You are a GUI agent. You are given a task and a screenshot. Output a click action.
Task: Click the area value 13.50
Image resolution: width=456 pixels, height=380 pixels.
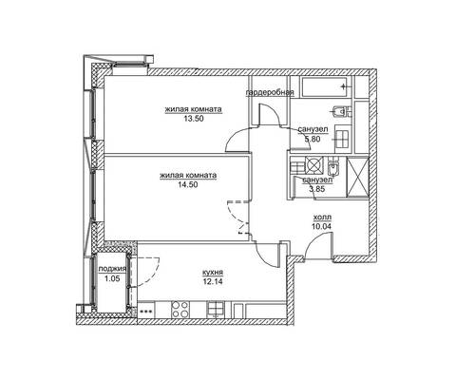[x=193, y=119]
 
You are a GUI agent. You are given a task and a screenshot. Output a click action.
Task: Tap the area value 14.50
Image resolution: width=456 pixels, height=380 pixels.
[x=188, y=184]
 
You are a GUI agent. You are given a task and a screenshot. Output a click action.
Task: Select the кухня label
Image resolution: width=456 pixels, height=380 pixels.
[x=213, y=273]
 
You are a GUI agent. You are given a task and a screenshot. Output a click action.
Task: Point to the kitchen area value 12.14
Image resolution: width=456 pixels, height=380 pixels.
[x=213, y=281]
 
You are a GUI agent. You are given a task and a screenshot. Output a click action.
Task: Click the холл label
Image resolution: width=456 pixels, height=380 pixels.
[x=322, y=218]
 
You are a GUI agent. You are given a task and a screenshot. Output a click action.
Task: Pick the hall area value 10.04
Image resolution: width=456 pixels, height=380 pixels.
[x=321, y=226]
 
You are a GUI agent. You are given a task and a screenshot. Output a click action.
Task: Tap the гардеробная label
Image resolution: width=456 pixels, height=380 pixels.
[x=270, y=92]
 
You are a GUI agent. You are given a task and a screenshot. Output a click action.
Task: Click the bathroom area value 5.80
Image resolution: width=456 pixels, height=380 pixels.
[x=313, y=139]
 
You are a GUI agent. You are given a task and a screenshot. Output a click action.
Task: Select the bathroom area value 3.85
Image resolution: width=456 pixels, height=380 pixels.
[x=317, y=189]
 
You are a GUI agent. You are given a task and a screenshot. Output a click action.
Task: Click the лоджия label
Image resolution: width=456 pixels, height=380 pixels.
[x=112, y=269]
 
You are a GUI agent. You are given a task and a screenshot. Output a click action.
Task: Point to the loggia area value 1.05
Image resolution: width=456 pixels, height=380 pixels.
[x=112, y=278]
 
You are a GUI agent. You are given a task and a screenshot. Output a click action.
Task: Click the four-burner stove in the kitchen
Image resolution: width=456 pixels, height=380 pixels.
[x=180, y=310]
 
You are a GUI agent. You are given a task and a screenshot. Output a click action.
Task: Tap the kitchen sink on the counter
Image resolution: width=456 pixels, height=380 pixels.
[x=216, y=309]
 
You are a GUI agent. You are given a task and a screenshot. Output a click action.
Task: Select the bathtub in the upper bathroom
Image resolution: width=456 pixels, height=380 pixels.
[x=327, y=86]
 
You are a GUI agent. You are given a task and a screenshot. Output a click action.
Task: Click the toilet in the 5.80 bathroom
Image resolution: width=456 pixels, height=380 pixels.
[x=340, y=111]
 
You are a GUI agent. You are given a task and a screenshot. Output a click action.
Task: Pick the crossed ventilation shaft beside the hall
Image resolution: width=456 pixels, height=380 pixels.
[x=358, y=177]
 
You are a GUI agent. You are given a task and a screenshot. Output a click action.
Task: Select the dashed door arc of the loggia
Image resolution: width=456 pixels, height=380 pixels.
[x=148, y=273]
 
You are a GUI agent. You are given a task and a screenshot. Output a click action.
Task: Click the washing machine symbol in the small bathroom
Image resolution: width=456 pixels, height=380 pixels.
[x=314, y=165]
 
